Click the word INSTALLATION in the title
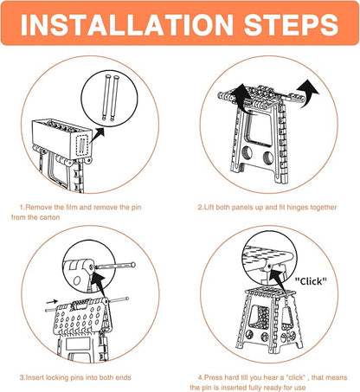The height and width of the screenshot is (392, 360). pos(130,23)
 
